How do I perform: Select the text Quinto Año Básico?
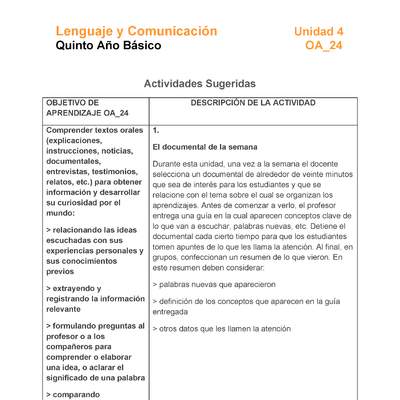point(107,46)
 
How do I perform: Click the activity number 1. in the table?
point(157,130)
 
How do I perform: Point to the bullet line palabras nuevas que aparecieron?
point(213,284)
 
